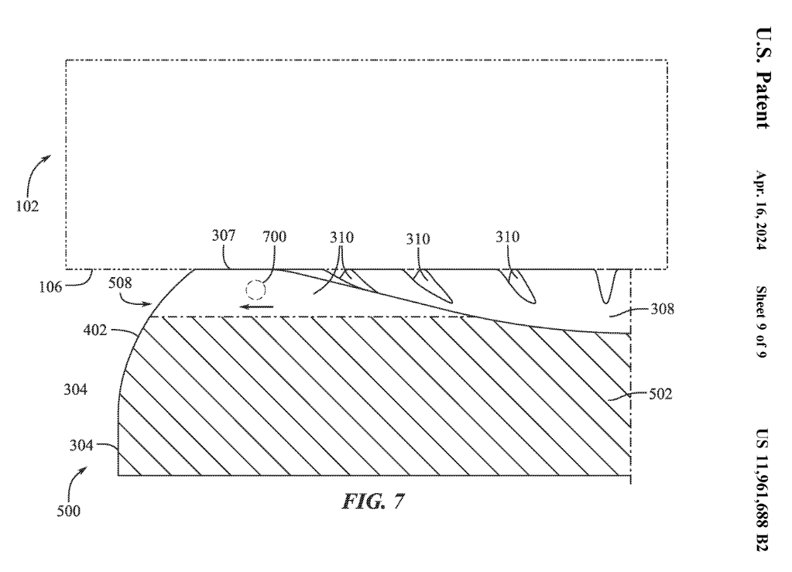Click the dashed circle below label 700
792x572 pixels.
pos(255,291)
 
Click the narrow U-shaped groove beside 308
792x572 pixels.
pos(605,286)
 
